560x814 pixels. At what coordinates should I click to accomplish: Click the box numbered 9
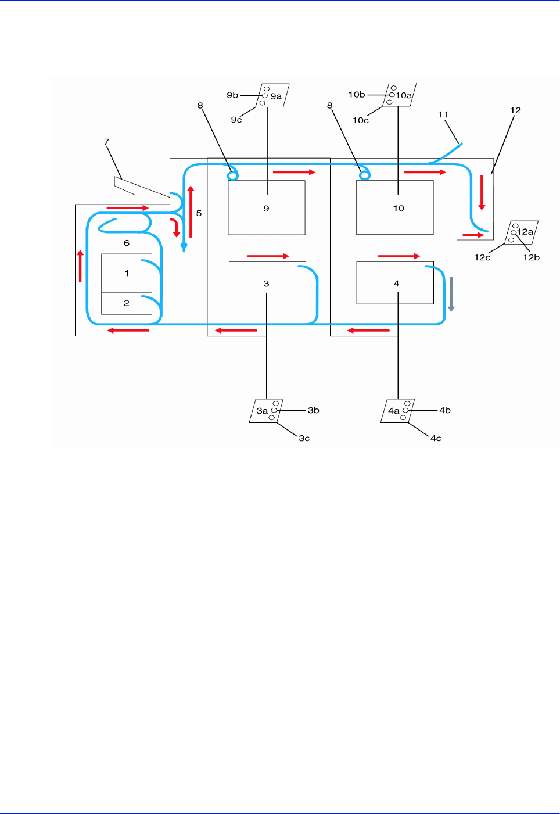pos(266,207)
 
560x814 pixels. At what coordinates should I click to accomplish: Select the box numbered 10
pos(395,207)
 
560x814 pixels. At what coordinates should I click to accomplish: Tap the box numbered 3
pos(267,283)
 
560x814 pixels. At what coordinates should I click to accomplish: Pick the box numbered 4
pos(395,283)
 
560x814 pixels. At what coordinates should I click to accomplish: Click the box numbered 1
pos(127,273)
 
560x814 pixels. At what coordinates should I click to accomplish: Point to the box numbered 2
pos(127,303)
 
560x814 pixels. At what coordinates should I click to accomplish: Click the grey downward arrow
pos(451,293)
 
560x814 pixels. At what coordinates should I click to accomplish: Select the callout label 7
pos(106,142)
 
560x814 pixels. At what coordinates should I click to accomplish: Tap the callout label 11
pos(443,114)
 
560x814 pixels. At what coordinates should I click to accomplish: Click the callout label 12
pos(515,110)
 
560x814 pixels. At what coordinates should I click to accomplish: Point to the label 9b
pos(232,95)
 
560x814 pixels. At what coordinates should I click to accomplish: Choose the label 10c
pos(360,120)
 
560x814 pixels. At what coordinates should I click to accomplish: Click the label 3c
pos(304,438)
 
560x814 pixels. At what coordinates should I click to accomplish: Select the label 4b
pos(445,410)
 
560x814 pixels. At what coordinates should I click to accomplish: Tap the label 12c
pos(482,257)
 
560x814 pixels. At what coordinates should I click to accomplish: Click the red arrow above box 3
pos(268,256)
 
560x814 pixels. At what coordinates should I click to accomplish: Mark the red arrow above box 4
pos(399,256)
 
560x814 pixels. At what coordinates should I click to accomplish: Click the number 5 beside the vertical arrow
pos(199,213)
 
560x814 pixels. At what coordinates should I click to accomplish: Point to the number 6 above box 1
pos(127,243)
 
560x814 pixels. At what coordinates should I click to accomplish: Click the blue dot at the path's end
pos(184,245)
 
